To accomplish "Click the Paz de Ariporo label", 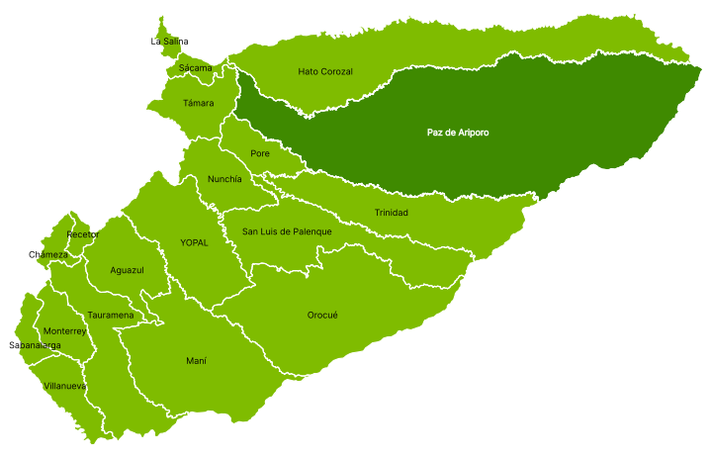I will click(x=458, y=133).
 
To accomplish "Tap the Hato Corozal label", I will click(x=325, y=71).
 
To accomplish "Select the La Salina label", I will click(x=169, y=42).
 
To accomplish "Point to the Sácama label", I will click(x=196, y=68).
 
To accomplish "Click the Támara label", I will click(x=199, y=103).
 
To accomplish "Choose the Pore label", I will click(x=260, y=153).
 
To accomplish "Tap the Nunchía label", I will click(x=224, y=179).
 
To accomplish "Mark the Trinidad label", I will click(x=392, y=213).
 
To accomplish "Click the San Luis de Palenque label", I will click(x=288, y=231).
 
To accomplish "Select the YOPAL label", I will click(x=195, y=242).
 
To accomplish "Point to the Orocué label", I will click(x=322, y=315).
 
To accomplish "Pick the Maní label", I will click(x=196, y=361).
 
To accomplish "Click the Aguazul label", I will click(x=128, y=270).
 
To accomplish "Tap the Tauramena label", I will click(x=111, y=316).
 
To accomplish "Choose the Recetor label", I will click(x=83, y=234).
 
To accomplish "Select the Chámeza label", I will click(x=48, y=255).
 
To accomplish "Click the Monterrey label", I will click(x=64, y=331).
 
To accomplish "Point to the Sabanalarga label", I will click(x=35, y=345).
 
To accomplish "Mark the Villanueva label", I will click(x=65, y=386).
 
